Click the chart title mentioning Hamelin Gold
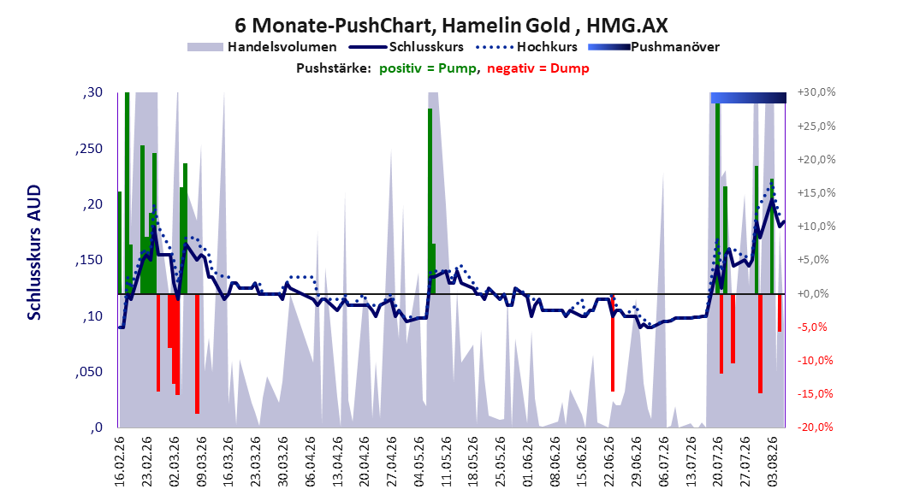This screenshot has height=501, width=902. [x=451, y=26]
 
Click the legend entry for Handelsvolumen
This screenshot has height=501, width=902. [x=262, y=47]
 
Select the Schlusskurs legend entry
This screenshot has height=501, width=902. [x=406, y=47]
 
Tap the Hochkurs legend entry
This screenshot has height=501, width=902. [x=527, y=47]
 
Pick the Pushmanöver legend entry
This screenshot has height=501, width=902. [x=654, y=47]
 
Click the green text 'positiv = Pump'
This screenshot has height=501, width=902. [x=427, y=68]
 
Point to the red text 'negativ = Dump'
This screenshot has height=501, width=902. [x=538, y=68]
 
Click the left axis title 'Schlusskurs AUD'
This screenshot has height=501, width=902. [x=34, y=252]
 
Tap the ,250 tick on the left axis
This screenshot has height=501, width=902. [x=89, y=149]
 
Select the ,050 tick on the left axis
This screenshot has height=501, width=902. [x=89, y=372]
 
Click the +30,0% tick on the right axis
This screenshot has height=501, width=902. [x=816, y=92]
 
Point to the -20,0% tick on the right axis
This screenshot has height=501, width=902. [x=816, y=427]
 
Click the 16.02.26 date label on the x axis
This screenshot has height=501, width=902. [x=120, y=462]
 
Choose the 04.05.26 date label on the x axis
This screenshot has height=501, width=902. [x=418, y=462]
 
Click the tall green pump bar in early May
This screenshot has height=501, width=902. [x=430, y=201]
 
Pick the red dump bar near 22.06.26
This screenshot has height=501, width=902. [x=613, y=343]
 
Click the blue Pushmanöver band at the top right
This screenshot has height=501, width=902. [x=749, y=97]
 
